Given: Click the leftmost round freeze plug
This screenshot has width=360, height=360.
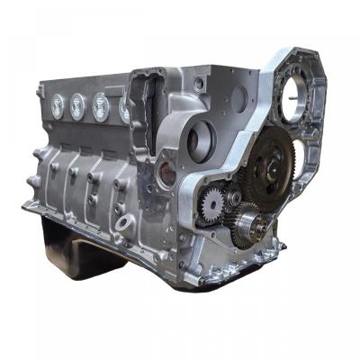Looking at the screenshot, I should pyautogui.click(x=57, y=104).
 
